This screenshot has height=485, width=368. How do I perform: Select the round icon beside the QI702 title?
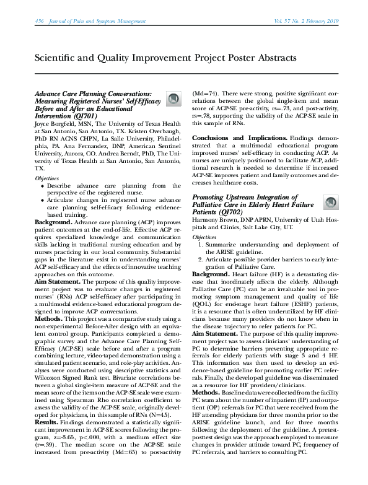tap(331, 202)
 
